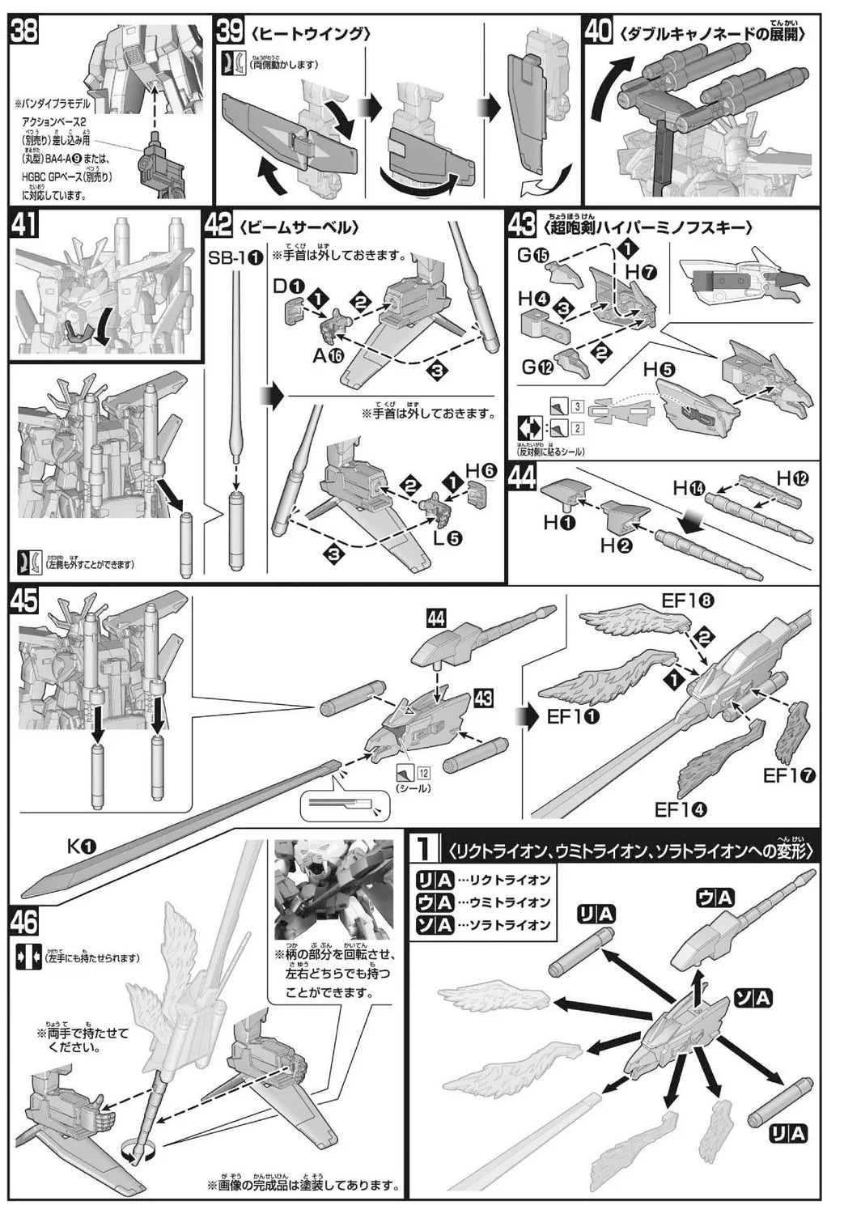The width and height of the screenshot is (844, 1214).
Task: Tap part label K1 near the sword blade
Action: coord(82,847)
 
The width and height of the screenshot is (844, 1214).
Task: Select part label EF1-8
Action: coord(688,601)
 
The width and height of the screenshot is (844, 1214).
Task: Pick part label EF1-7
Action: coord(789,776)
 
